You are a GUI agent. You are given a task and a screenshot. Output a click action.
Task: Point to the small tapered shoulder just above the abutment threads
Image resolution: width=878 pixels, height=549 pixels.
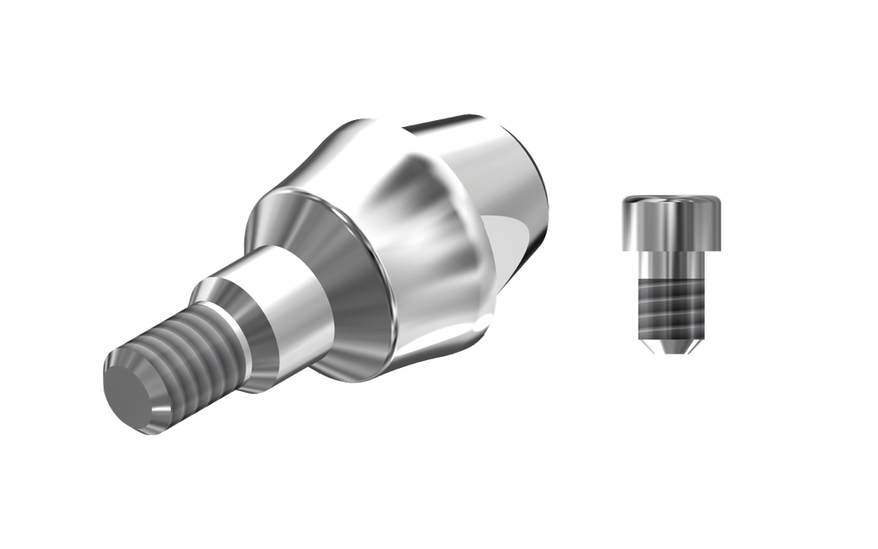(219, 301)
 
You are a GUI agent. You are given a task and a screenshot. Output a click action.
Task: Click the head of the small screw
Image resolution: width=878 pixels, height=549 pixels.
(671, 221)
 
